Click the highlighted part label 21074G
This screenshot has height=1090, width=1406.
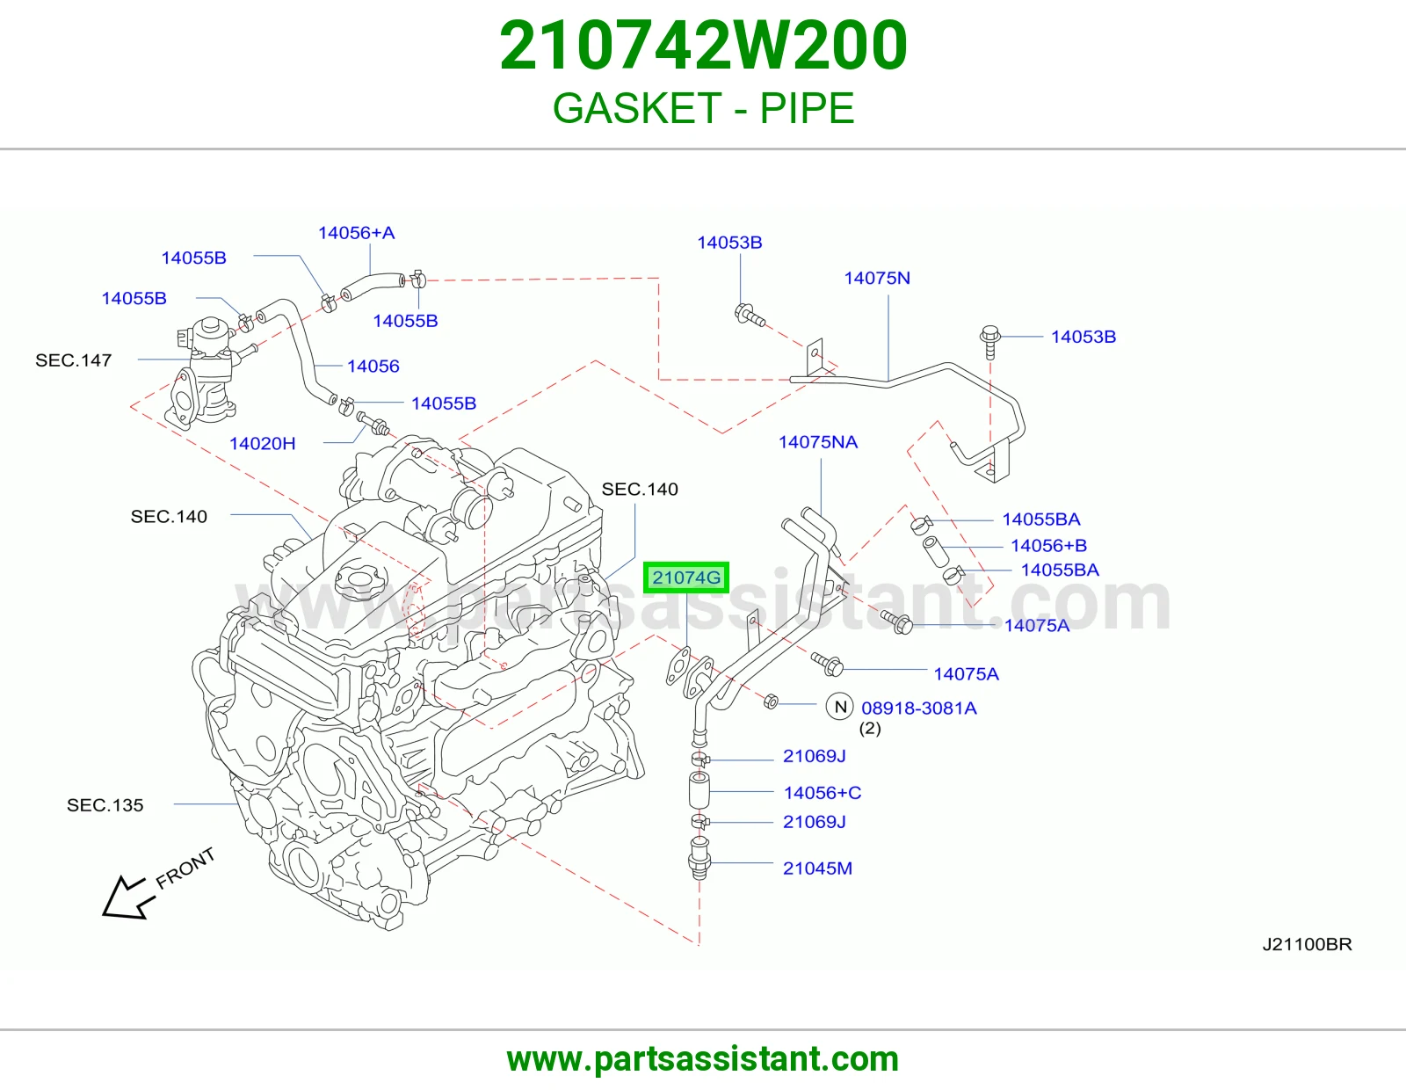(685, 578)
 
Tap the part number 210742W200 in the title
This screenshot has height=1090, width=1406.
(703, 45)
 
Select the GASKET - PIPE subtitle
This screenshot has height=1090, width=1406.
(703, 108)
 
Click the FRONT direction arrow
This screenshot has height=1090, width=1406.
(129, 897)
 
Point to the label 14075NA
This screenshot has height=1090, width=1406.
(818, 442)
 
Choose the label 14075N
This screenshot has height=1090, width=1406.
(877, 279)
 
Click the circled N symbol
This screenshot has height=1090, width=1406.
(840, 707)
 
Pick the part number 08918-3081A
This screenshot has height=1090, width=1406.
(919, 708)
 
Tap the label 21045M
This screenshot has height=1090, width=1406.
(817, 868)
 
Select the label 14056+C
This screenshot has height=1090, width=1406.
(823, 793)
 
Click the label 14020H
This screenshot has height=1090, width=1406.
(262, 443)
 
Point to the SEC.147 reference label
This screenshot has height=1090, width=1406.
(73, 360)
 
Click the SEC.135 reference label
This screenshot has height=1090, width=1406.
(105, 804)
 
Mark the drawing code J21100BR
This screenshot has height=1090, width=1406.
(1307, 944)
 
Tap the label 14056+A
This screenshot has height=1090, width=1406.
(356, 233)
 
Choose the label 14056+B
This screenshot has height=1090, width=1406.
(1048, 546)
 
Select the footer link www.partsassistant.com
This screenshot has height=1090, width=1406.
(703, 1059)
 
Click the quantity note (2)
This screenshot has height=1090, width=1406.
(870, 728)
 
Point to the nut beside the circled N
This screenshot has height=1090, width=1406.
(770, 701)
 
